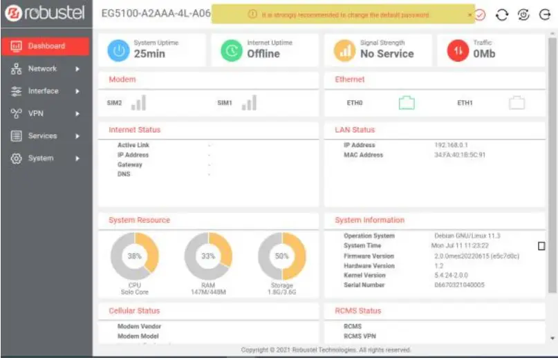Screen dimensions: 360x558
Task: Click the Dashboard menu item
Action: [46, 46]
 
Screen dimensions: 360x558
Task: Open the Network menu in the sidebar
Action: [42, 69]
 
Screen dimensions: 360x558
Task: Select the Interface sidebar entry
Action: [43, 91]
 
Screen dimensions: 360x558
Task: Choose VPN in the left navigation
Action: [35, 113]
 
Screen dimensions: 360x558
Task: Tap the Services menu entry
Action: [42, 136]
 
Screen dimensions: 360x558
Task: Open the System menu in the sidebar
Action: [40, 158]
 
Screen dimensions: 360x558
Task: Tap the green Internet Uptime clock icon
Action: [232, 50]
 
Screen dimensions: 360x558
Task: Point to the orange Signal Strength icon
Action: [344, 50]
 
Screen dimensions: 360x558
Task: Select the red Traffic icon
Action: [457, 50]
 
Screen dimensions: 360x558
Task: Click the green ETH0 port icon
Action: [406, 104]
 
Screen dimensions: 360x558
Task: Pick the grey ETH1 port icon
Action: [517, 104]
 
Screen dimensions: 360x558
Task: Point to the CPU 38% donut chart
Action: [135, 256]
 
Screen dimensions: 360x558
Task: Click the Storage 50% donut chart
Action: [281, 256]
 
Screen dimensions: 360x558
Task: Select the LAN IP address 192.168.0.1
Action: [451, 145]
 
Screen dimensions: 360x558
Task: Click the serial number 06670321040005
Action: [459, 285]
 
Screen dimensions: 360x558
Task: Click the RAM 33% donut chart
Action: [208, 256]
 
